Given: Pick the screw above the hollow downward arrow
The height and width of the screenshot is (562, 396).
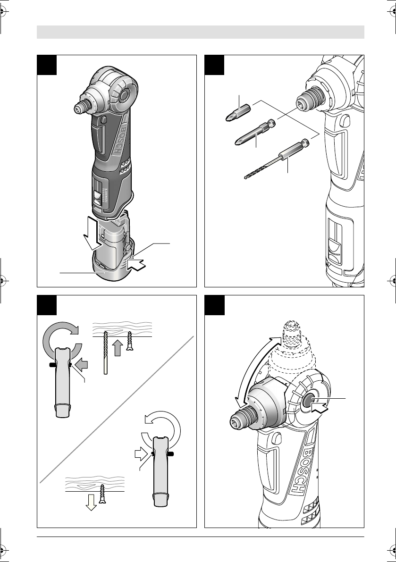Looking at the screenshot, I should pyautogui.click(x=102, y=491).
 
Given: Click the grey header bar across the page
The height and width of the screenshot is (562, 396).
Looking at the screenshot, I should pyautogui.click(x=201, y=33).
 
